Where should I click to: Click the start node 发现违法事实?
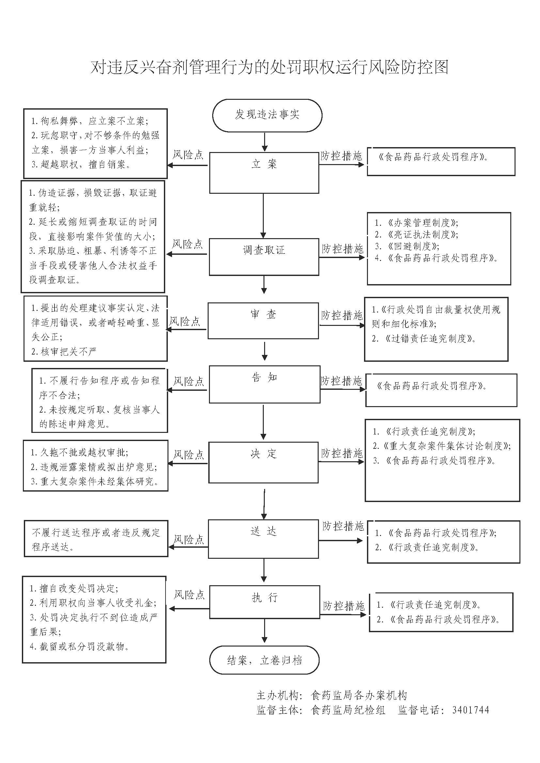pos(267,115)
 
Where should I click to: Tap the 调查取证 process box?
pos(264,256)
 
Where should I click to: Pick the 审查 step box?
pos(263,320)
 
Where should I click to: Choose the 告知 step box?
pos(264,384)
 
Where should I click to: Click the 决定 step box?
pos(263,462)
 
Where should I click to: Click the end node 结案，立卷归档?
pos(264,660)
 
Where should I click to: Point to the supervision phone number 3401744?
pos(470,710)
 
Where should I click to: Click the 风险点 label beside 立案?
pos(188,155)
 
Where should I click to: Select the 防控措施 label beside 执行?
pos(344,606)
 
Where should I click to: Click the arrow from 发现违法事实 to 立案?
pos(264,142)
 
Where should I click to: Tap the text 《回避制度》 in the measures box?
pos(413,246)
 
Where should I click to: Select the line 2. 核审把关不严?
pos(64,351)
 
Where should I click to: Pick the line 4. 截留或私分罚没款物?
pos(79,646)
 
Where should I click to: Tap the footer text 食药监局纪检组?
pos(348,710)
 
